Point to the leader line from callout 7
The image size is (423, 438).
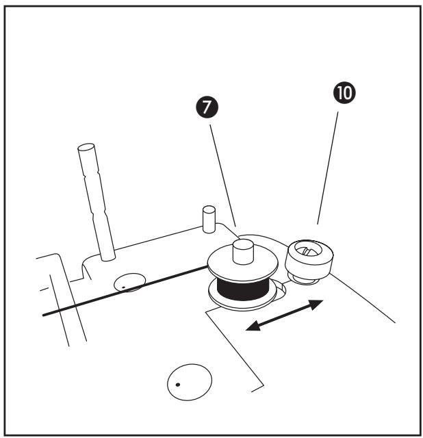pos(222,171)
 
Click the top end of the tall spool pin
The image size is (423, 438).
pos(86,149)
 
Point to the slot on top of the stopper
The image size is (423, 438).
pos(310,251)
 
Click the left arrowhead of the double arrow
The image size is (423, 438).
pos(252,328)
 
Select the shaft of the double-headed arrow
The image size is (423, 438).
pos(283,315)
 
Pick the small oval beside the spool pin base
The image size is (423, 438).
pos(129,281)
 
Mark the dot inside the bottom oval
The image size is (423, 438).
pos(178,385)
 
